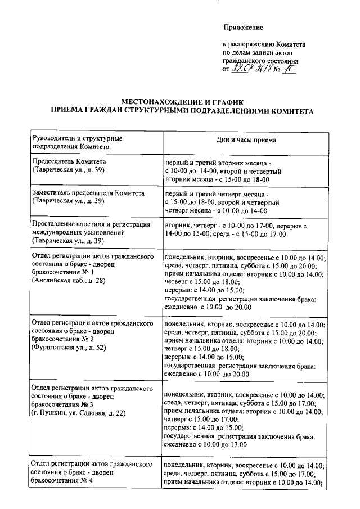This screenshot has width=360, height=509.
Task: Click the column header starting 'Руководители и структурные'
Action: pyautogui.click(x=78, y=138)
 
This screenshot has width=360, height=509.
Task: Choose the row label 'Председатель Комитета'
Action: pyautogui.click(x=69, y=160)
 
